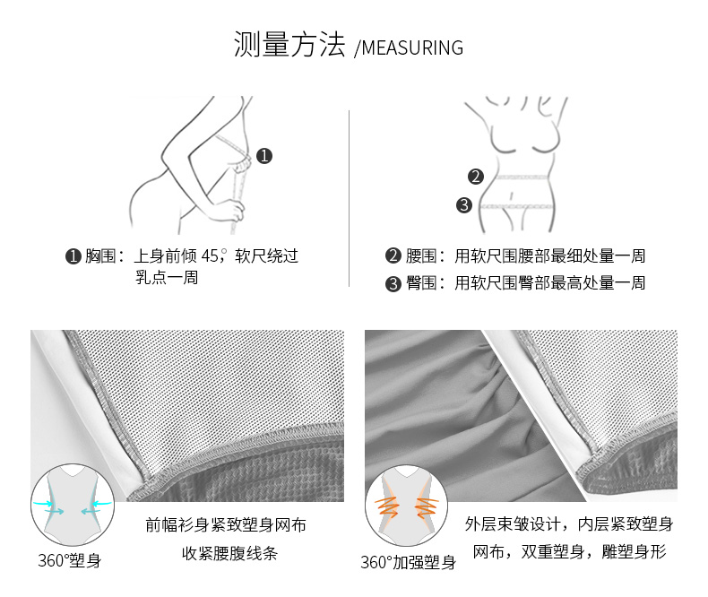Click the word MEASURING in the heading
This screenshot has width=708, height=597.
pyautogui.click(x=412, y=48)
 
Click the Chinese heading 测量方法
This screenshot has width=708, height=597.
pyautogui.click(x=289, y=44)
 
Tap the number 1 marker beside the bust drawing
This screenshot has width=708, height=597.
pyautogui.click(x=264, y=156)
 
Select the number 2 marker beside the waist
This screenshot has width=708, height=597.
pyautogui.click(x=476, y=176)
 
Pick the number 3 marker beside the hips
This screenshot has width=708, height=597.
pyautogui.click(x=463, y=205)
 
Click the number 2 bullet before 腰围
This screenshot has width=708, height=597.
pyautogui.click(x=393, y=255)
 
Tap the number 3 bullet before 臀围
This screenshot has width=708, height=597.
pyautogui.click(x=393, y=283)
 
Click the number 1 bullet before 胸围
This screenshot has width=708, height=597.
pyautogui.click(x=73, y=256)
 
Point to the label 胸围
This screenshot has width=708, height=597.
pyautogui.click(x=100, y=255)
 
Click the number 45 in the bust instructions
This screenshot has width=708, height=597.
pyautogui.click(x=210, y=256)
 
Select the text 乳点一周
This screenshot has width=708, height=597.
pyautogui.click(x=167, y=277)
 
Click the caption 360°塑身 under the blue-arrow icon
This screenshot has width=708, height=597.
pyautogui.click(x=70, y=561)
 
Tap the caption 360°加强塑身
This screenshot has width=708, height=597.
pyautogui.click(x=408, y=562)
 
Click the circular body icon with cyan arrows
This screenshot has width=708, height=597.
pyautogui.click(x=73, y=505)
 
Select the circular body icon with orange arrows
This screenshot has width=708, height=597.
pyautogui.click(x=406, y=506)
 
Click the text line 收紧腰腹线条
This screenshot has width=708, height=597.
pyautogui.click(x=229, y=553)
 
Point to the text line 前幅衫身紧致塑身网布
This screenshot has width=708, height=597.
pyautogui.click(x=226, y=524)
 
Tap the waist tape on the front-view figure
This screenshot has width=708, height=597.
pyautogui.click(x=522, y=177)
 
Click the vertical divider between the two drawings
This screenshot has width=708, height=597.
pyautogui.click(x=349, y=198)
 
